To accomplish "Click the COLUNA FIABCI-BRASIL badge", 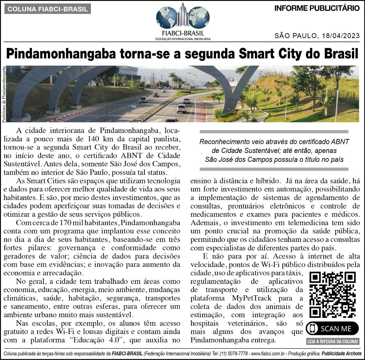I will (x=48, y=9).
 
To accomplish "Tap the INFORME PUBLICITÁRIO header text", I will (x=317, y=8).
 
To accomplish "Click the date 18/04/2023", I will (x=341, y=36).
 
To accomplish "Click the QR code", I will (x=332, y=295).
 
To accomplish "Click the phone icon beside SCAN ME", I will (x=312, y=328).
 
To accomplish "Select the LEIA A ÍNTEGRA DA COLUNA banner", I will (x=332, y=341).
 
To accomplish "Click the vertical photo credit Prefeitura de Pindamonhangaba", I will (x=4, y=94).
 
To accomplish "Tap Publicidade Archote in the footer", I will (x=341, y=354).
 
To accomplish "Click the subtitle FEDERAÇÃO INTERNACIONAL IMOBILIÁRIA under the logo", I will (x=182, y=39).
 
